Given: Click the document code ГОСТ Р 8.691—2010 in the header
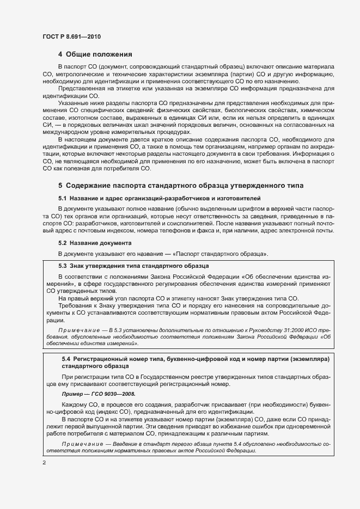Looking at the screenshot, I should (x=71, y=36).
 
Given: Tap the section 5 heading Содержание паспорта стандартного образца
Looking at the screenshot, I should (x=181, y=186).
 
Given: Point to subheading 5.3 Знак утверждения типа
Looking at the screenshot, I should (x=133, y=266).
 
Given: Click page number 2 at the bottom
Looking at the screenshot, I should (x=44, y=463).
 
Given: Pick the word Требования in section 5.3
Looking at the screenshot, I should (x=75, y=306).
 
